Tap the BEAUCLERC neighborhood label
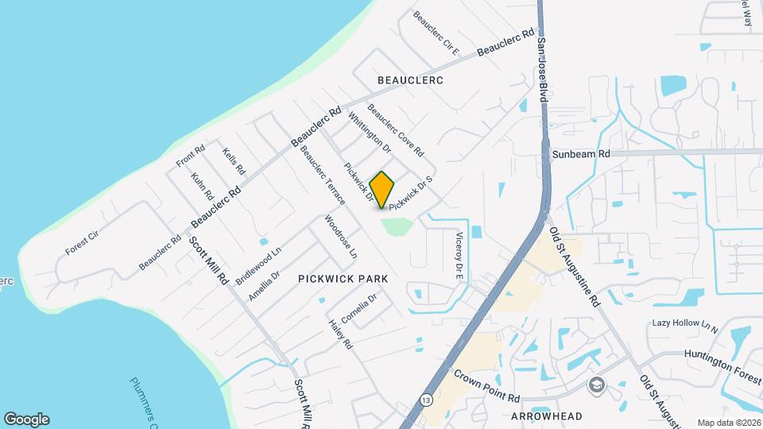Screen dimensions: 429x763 coord(409,80)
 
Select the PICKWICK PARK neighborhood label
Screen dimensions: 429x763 coord(343,279)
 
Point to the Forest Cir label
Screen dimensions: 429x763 coord(80,242)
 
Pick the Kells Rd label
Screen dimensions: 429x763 coord(234,162)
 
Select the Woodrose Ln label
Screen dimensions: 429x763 coord(340,237)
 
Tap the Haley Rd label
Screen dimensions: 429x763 coord(340,334)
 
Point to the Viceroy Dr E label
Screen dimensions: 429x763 coord(459,254)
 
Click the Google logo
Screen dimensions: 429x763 coord(26,419)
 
